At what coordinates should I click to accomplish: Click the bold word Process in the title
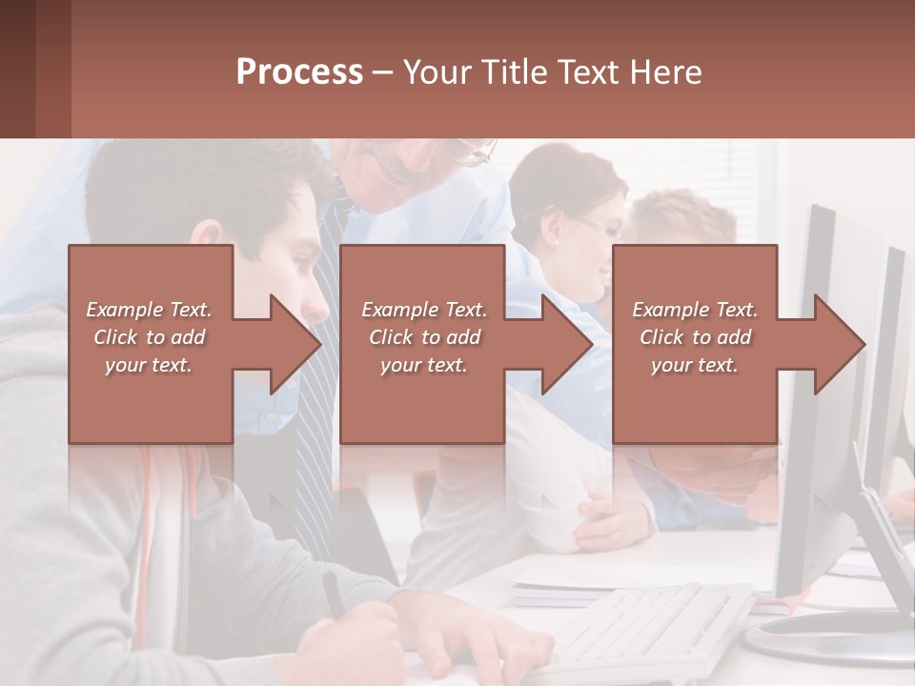tap(299, 71)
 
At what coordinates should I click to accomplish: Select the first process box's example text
tap(149, 337)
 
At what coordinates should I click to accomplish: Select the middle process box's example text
tap(423, 337)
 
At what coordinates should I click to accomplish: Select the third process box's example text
tap(694, 337)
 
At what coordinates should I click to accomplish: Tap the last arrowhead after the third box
tap(839, 344)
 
